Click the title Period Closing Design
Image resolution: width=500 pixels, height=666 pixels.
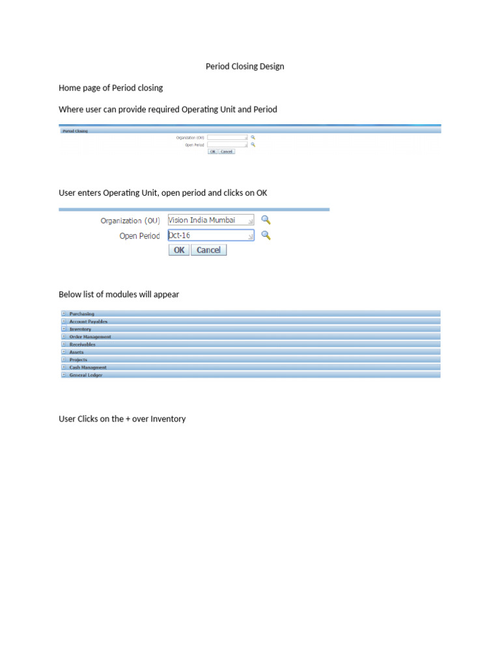point(245,66)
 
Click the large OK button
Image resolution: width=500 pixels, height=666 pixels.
point(179,250)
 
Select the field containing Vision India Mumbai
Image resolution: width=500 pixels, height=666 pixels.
point(210,220)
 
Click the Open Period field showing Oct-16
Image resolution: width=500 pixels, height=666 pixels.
point(210,235)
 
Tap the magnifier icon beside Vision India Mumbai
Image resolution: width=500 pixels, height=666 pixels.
point(266,220)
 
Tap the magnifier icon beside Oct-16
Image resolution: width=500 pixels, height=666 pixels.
point(266,235)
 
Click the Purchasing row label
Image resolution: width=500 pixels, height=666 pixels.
point(81,313)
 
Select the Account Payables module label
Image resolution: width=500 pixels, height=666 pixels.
point(89,321)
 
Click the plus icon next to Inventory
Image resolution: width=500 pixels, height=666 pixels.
point(64,329)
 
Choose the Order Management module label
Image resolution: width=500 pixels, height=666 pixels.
point(90,337)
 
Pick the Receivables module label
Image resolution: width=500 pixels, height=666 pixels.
point(82,345)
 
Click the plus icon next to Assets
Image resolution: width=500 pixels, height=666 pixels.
point(64,352)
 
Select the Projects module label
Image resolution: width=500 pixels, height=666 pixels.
point(78,360)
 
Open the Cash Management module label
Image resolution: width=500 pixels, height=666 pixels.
point(88,367)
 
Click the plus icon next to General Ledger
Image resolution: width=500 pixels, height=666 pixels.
point(64,375)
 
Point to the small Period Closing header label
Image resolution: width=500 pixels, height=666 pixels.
point(75,131)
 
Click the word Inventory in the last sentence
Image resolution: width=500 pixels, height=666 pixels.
point(168,419)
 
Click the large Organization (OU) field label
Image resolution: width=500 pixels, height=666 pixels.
point(130,220)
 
